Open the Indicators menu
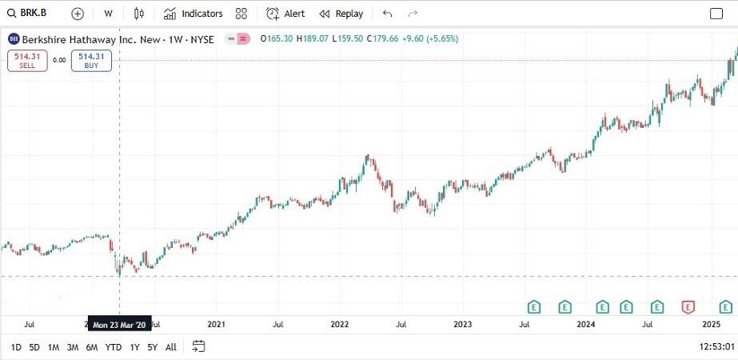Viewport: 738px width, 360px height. coord(193,14)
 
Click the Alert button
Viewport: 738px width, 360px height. coord(285,14)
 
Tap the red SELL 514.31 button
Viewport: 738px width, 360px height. coord(27,60)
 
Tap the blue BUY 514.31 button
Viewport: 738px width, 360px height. coord(90,60)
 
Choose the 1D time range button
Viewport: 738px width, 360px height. coord(16,347)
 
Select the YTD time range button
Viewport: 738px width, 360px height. coord(114,347)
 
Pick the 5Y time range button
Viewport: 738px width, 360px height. coord(152,347)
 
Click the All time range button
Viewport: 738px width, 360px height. coord(171,347)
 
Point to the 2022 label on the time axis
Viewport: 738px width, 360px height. coord(340,324)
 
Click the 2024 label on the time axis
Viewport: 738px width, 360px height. coord(586,324)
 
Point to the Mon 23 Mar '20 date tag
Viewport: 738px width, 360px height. coord(119,325)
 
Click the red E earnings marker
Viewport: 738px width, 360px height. coord(688,306)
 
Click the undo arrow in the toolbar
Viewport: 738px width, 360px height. coord(388,14)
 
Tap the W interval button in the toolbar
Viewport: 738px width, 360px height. coord(108,14)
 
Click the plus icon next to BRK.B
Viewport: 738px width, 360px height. coord(77,14)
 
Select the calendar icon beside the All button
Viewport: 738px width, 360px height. coord(199,346)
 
